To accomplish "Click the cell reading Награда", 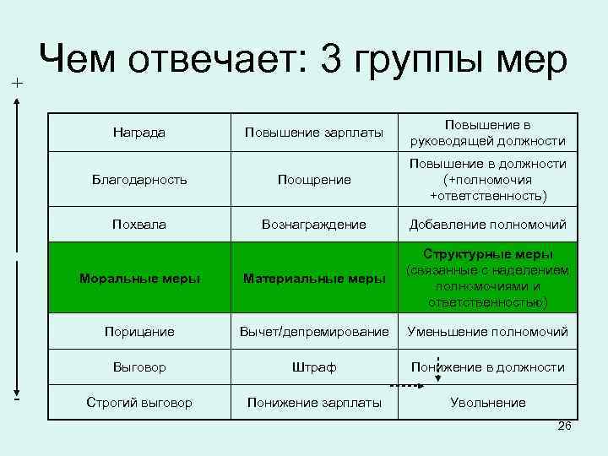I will (x=138, y=133).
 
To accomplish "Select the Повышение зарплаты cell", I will (x=314, y=133).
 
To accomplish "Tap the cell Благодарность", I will (x=138, y=179).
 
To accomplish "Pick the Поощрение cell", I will (x=314, y=179).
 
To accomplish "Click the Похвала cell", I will (x=138, y=225).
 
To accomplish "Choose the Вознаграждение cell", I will (x=314, y=225).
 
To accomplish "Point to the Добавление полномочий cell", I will (x=487, y=225).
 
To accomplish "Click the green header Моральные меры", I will (x=138, y=279).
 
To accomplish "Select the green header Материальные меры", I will (x=314, y=279).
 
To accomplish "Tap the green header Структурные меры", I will (x=487, y=278).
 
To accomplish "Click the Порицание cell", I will (x=138, y=332).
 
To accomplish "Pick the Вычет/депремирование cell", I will (x=314, y=332).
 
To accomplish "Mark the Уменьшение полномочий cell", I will (x=487, y=332).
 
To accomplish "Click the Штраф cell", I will (x=314, y=367).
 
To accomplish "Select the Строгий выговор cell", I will (x=138, y=403).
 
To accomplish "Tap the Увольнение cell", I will (x=487, y=403).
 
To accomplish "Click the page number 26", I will (x=565, y=426).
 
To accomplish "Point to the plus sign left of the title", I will (x=17, y=83).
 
